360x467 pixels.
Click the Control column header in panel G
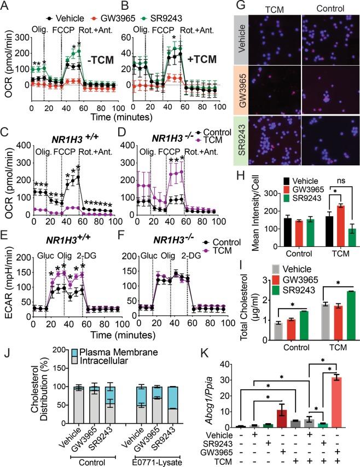[x=327, y=8]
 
